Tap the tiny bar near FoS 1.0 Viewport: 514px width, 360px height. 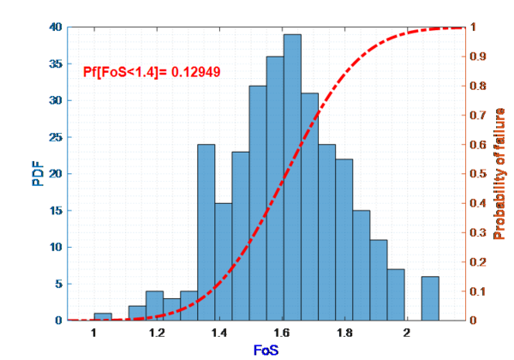point(103,317)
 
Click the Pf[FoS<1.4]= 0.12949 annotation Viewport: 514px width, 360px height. point(152,72)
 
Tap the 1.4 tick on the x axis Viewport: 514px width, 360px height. point(219,332)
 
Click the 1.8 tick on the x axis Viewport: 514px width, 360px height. point(345,332)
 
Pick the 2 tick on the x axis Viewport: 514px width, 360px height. point(408,332)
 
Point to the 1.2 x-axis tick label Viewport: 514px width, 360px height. point(157,332)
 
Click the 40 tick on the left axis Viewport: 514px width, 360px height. point(56,27)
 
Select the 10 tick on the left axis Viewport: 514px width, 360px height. point(56,247)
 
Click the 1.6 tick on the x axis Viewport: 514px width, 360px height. point(283,332)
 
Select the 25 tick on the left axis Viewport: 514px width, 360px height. point(56,137)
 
